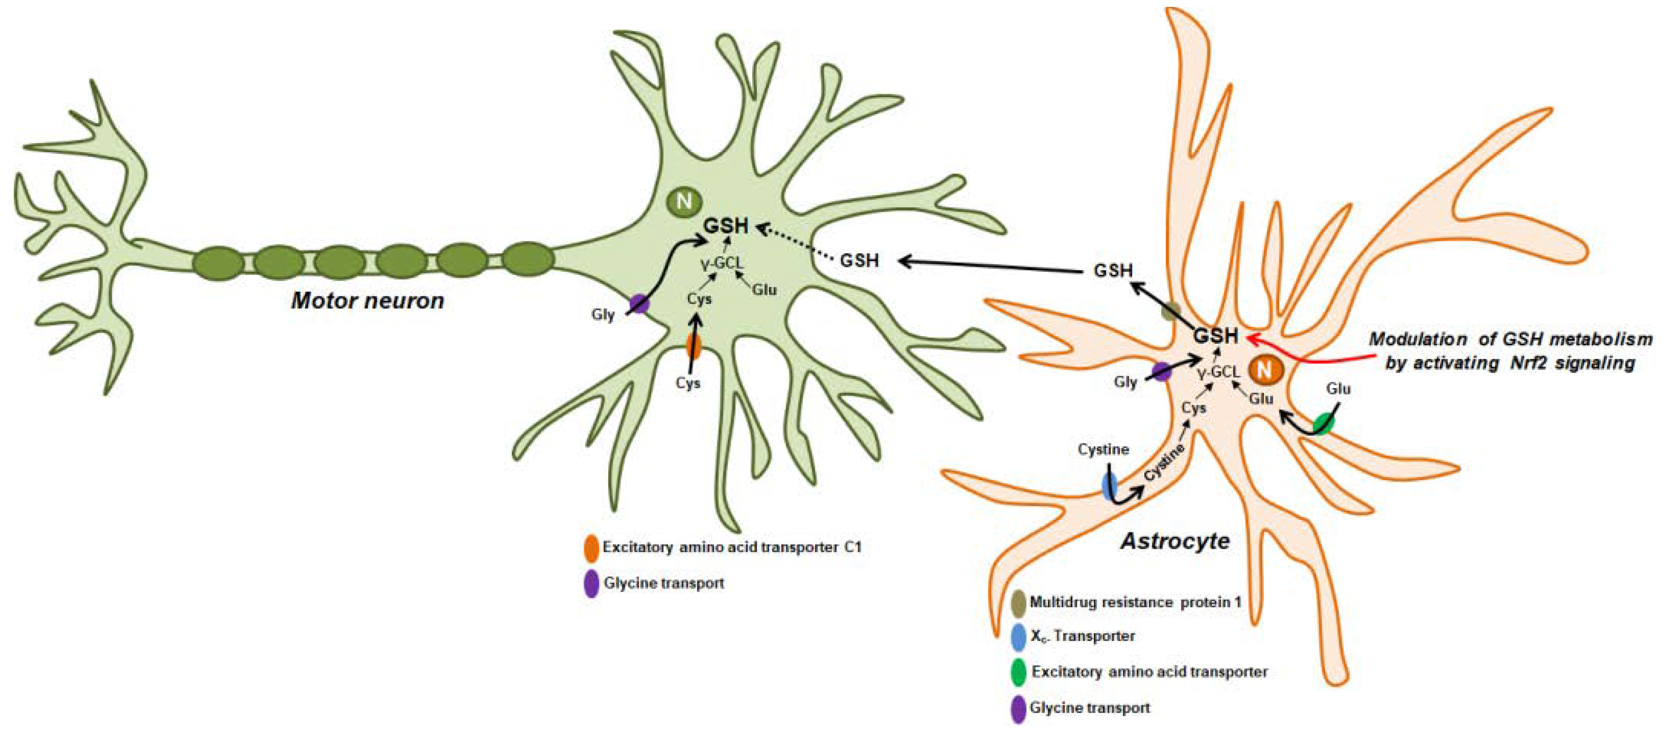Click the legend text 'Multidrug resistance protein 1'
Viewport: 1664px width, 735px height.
point(1135,602)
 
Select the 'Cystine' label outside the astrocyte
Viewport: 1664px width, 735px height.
point(1103,449)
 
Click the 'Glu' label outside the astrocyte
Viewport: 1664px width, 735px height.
point(1338,389)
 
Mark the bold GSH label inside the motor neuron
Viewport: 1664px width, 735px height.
point(726,226)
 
